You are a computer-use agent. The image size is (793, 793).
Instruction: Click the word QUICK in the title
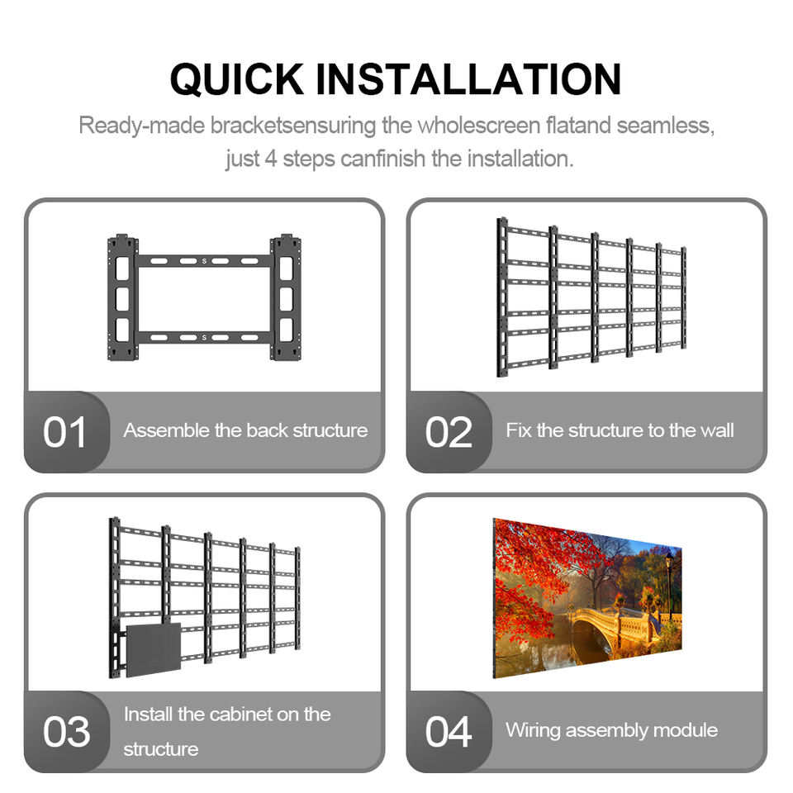tap(237, 79)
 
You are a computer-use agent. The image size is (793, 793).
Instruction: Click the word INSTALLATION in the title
tap(468, 79)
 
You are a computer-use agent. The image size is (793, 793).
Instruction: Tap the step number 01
tap(64, 432)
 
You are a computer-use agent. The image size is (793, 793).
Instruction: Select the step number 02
tap(449, 432)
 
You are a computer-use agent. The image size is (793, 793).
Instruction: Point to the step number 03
tap(67, 732)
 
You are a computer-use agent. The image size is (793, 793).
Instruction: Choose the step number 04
tap(449, 732)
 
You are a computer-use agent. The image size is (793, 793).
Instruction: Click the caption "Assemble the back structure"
tap(246, 430)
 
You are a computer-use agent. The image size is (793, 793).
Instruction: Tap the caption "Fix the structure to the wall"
tap(620, 430)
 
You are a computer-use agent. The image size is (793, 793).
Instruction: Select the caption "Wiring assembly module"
tap(611, 730)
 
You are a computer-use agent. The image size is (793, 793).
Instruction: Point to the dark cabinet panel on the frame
tap(154, 650)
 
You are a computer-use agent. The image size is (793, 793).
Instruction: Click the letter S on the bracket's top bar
tap(204, 261)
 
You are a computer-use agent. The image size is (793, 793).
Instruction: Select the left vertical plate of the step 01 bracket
tap(122, 297)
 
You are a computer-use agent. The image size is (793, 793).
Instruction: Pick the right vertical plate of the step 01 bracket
tap(286, 297)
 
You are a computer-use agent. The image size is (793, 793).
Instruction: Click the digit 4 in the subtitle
tap(271, 159)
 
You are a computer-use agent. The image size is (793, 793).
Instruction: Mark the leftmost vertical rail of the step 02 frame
tap(502, 297)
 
